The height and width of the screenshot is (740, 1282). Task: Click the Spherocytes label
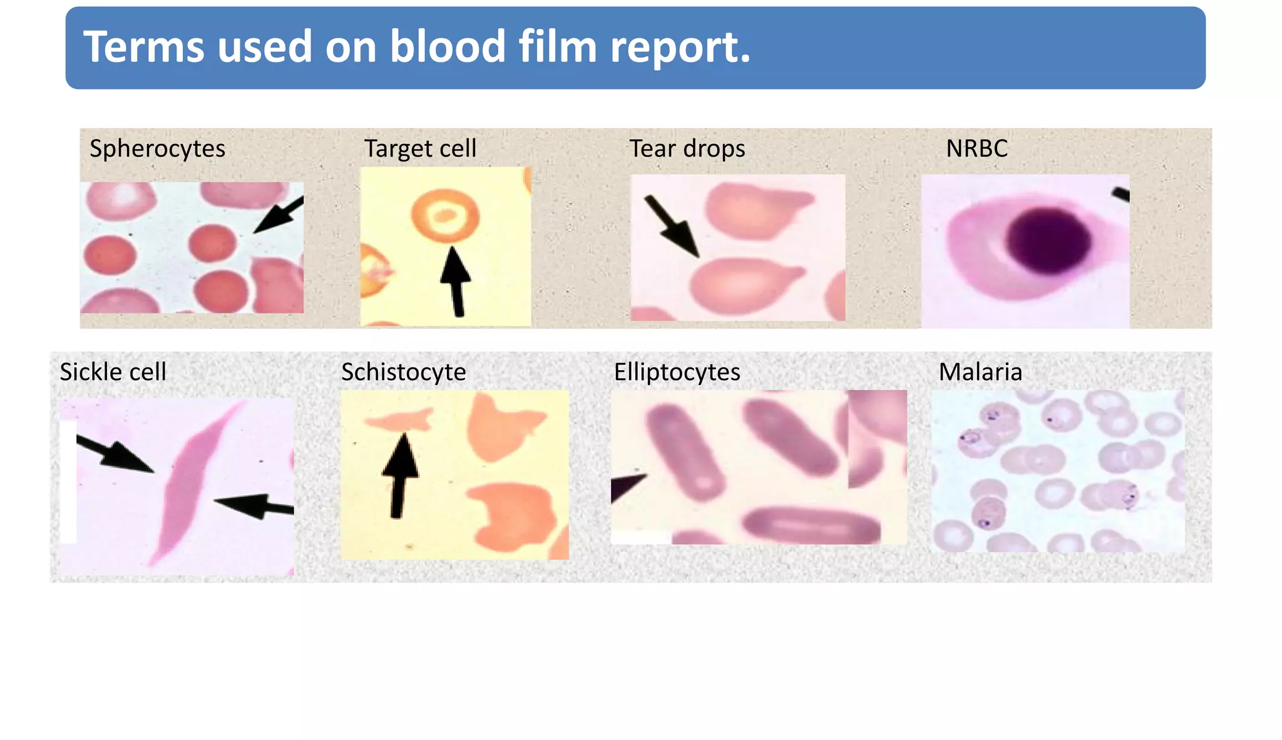tap(157, 149)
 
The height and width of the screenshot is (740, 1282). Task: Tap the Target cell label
tap(420, 149)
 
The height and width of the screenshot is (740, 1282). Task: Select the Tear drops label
tap(687, 149)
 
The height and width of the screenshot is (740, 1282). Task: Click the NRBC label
tap(977, 149)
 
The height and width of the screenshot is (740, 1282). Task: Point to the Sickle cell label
tap(113, 372)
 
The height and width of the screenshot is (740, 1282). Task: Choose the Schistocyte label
tap(403, 372)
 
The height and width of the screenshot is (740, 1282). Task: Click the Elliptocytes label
tap(677, 372)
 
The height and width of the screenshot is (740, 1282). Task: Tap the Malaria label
tap(980, 372)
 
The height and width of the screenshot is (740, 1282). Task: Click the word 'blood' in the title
tap(447, 47)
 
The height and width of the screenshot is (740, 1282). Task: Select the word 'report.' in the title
tap(680, 47)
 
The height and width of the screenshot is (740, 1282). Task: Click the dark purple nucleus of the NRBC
tap(1049, 241)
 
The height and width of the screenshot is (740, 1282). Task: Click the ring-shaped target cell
tap(445, 216)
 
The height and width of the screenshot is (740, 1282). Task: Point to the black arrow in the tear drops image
tap(672, 225)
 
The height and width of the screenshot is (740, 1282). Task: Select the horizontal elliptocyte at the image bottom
tap(811, 525)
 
